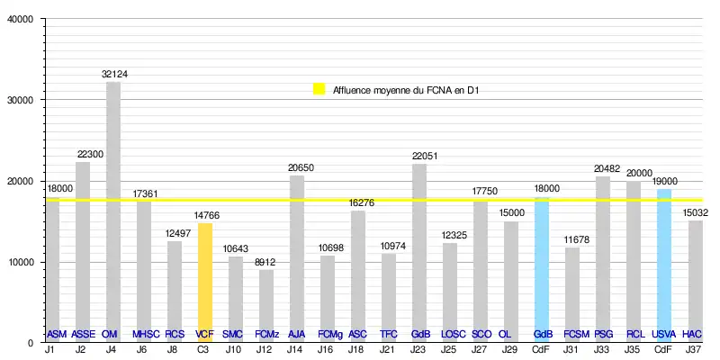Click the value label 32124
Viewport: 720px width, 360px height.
point(114,74)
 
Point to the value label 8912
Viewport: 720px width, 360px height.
point(266,261)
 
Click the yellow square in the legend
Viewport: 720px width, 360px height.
point(319,89)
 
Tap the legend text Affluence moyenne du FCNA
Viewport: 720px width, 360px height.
point(405,89)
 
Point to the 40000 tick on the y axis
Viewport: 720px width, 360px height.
point(19,19)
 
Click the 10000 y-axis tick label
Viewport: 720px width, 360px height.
point(19,262)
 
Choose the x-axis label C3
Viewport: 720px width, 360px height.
point(204,349)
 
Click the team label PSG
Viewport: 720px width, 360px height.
point(603,334)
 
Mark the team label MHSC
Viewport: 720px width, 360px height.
point(144,334)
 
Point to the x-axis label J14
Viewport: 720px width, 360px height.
point(297,349)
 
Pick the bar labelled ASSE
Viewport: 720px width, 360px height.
point(83,252)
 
